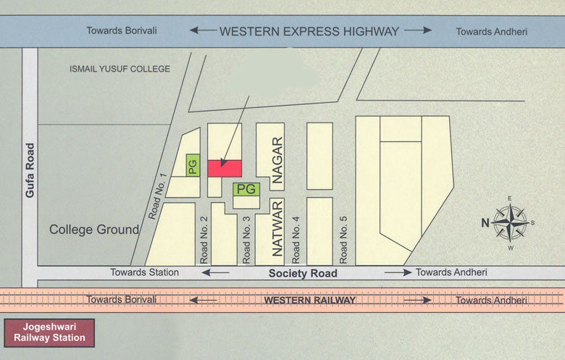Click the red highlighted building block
click(225, 168)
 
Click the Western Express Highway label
click(309, 31)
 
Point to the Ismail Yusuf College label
click(120, 69)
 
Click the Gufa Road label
click(30, 171)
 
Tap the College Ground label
click(94, 230)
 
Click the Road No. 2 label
click(204, 240)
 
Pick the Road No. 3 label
click(247, 240)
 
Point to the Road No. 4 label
click(296, 240)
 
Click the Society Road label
click(303, 273)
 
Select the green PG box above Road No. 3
click(247, 189)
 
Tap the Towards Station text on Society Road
click(144, 272)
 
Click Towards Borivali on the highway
click(122, 31)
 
